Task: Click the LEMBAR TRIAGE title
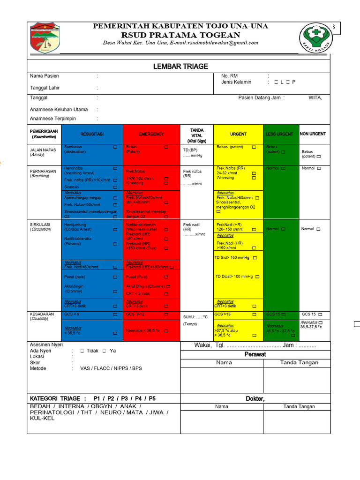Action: pos(180,67)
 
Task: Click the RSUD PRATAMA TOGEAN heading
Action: pos(180,35)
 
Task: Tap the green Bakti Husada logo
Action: pos(316,38)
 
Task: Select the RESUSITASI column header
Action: pos(92,134)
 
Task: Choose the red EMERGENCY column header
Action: pos(151,134)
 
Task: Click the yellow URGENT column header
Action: pos(238,134)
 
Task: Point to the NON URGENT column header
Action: pos(313,134)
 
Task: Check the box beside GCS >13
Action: pos(254,314)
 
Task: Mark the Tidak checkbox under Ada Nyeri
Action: pos(82,351)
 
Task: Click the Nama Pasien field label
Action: pos(45,76)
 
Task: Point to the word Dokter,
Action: pos(255,398)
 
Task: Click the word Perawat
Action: pos(255,354)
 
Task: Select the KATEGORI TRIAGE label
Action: pos(55,398)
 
